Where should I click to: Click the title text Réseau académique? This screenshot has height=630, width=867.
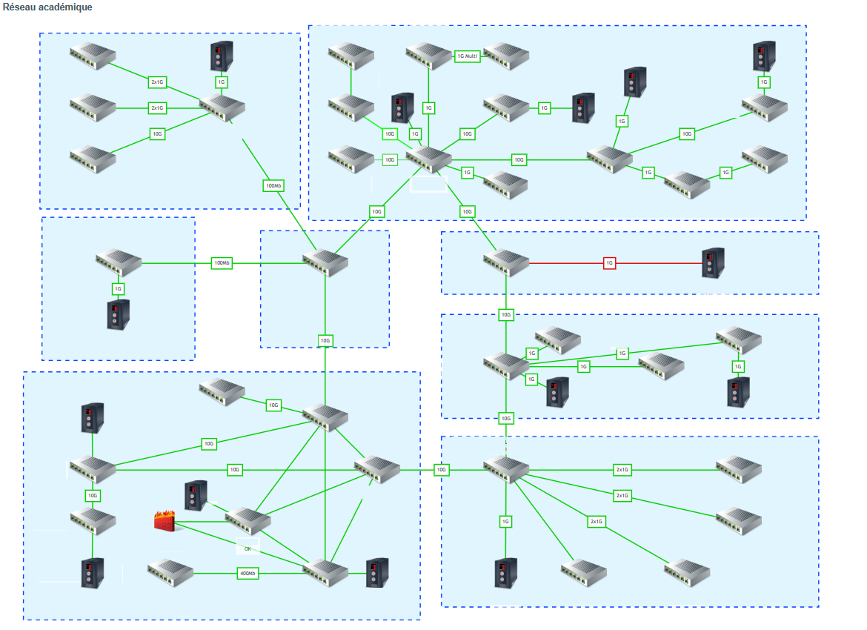(47, 7)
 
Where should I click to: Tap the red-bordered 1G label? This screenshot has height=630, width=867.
(609, 263)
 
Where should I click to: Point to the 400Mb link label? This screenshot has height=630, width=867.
(248, 574)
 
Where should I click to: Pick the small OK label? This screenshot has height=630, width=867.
(248, 548)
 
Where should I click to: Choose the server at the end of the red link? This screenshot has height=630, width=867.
(713, 263)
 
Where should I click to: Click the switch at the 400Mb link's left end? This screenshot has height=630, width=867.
(170, 570)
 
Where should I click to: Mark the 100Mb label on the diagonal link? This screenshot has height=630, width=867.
(273, 185)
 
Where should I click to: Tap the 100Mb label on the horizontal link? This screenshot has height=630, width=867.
(222, 263)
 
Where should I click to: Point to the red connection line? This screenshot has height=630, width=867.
(563, 263)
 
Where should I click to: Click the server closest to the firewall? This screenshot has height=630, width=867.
(196, 496)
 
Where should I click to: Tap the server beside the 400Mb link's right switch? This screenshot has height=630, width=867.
(376, 573)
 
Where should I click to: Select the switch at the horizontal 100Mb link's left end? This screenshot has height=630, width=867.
(119, 262)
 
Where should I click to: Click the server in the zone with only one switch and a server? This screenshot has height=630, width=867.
(118, 314)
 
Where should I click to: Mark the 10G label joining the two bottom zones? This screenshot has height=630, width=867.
(442, 470)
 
